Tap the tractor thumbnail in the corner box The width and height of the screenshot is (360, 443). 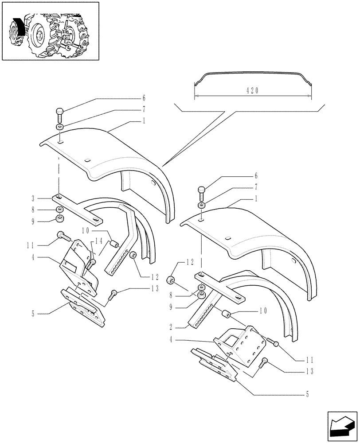(x=50, y=32)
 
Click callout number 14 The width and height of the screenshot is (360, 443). (x=98, y=241)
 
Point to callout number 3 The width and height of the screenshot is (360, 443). (x=33, y=198)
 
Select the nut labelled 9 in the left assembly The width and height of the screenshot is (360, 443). (x=59, y=218)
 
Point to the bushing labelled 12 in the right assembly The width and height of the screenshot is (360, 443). (x=171, y=280)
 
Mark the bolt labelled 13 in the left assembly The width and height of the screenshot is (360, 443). (x=114, y=293)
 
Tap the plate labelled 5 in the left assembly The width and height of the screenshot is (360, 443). (x=84, y=307)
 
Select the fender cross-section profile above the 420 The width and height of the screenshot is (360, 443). (x=253, y=77)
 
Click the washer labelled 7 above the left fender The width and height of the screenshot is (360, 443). (x=59, y=128)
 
